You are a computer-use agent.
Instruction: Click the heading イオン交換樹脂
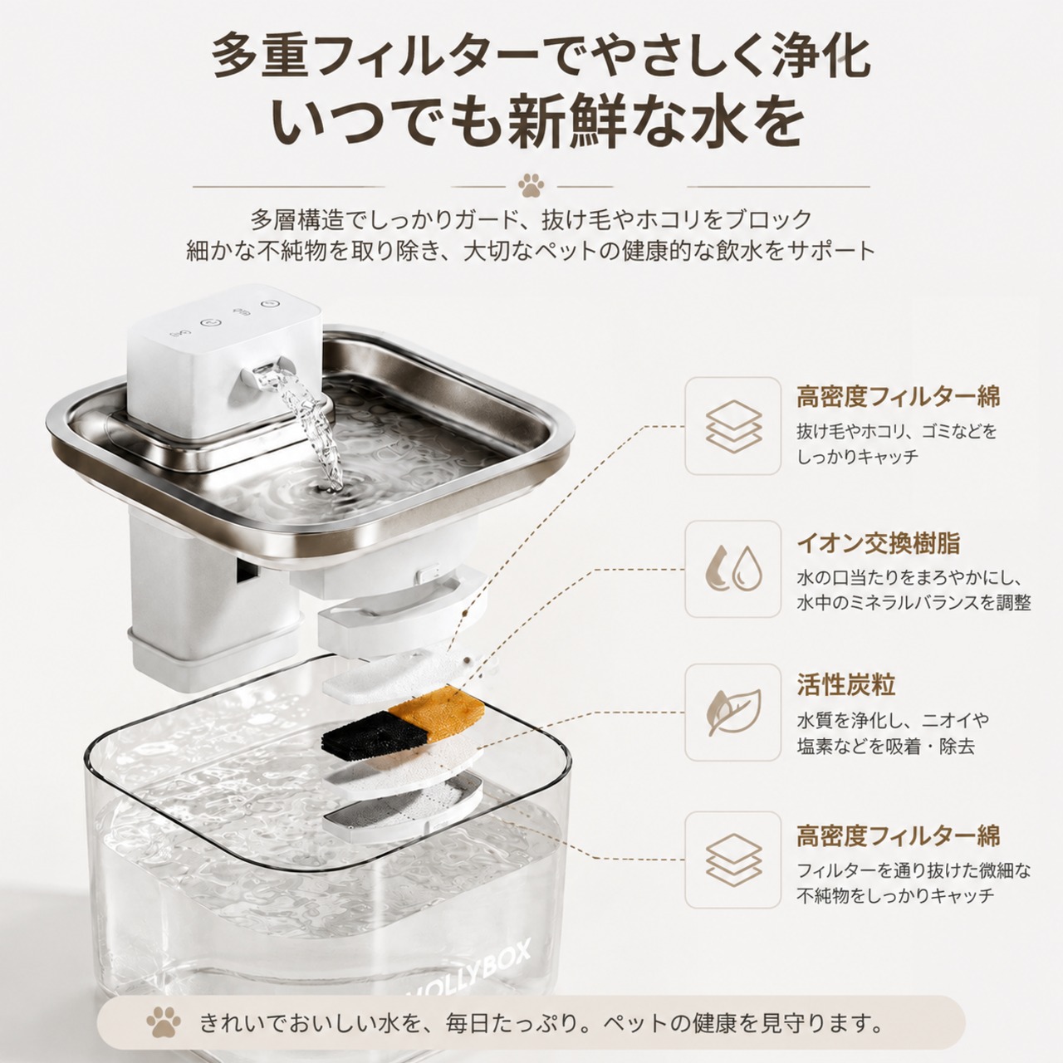(879, 543)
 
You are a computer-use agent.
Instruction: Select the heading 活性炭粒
(845, 685)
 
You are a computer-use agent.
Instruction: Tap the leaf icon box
(733, 713)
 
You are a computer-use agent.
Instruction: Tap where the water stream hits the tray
(332, 486)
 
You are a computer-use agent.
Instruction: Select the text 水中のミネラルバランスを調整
(914, 603)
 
